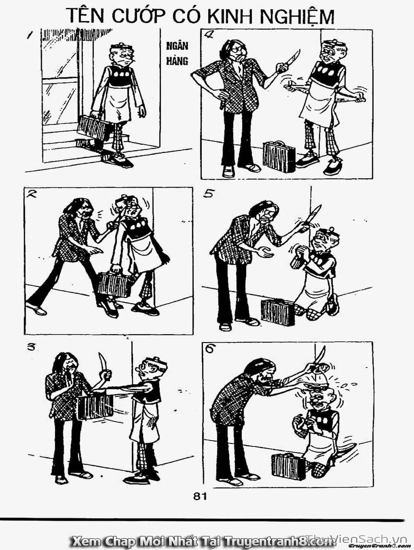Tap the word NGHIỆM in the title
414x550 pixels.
(x=297, y=17)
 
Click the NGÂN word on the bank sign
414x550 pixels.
(x=177, y=46)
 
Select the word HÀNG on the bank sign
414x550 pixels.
(x=177, y=61)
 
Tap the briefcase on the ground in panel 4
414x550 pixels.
(x=279, y=156)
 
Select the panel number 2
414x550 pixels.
(x=31, y=194)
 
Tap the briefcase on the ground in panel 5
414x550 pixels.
(x=278, y=312)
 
